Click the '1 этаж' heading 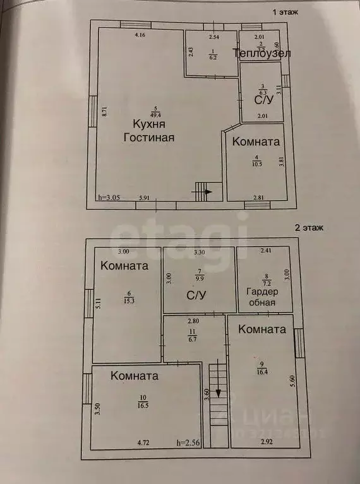[285, 11]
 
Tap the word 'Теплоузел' [261, 54]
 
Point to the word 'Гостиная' [148, 137]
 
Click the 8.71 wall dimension [104, 113]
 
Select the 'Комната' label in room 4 [256, 142]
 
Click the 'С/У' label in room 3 [263, 100]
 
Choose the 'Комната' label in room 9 [263, 329]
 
